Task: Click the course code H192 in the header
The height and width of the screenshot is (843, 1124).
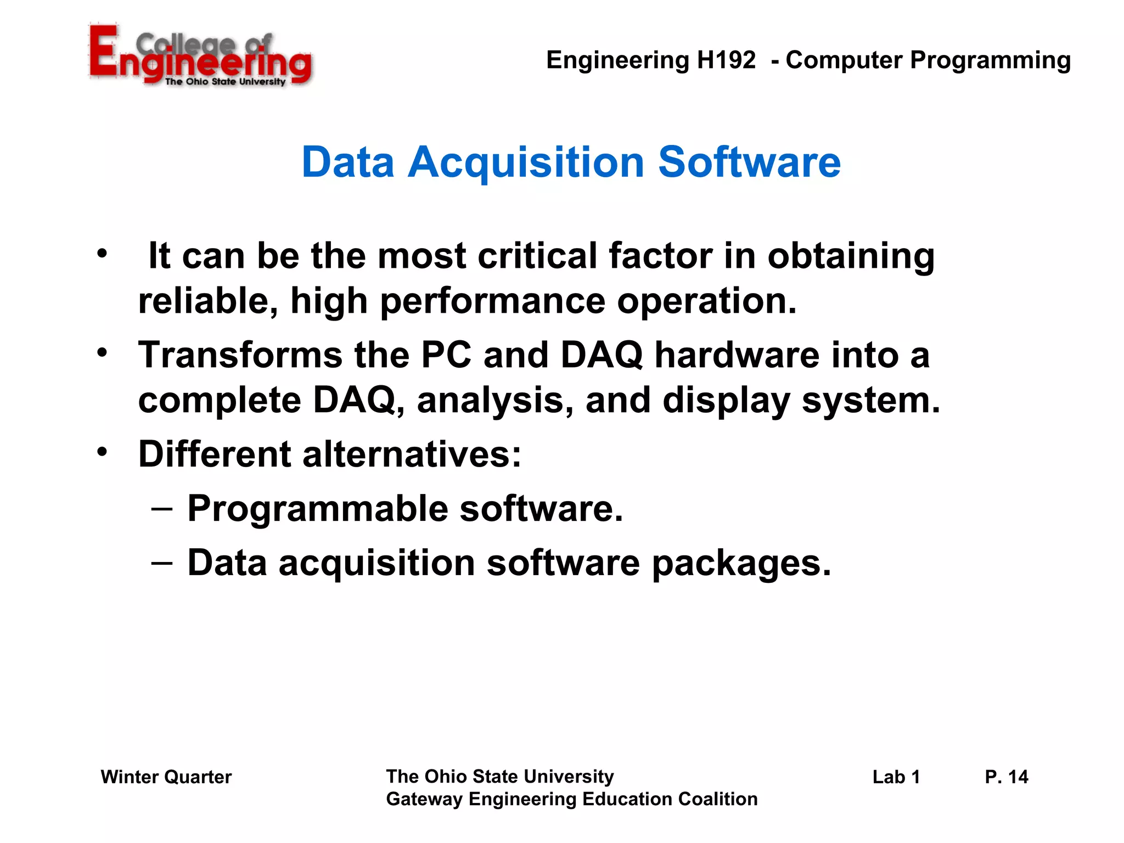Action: [726, 60]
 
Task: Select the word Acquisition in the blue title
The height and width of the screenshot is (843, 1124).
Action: [525, 162]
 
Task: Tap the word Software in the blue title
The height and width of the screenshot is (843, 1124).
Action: [749, 162]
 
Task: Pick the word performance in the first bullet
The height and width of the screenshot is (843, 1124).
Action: [492, 302]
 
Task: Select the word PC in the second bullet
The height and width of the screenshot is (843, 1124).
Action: [446, 355]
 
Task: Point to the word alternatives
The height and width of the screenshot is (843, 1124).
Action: [412, 454]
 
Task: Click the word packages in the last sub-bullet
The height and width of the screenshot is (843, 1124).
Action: [741, 564]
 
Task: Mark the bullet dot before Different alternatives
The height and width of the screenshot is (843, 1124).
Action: [102, 452]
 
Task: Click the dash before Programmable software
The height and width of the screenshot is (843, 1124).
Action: [162, 509]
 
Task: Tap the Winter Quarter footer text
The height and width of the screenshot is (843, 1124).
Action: [166, 777]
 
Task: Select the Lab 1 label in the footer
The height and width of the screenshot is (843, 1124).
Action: [896, 777]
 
